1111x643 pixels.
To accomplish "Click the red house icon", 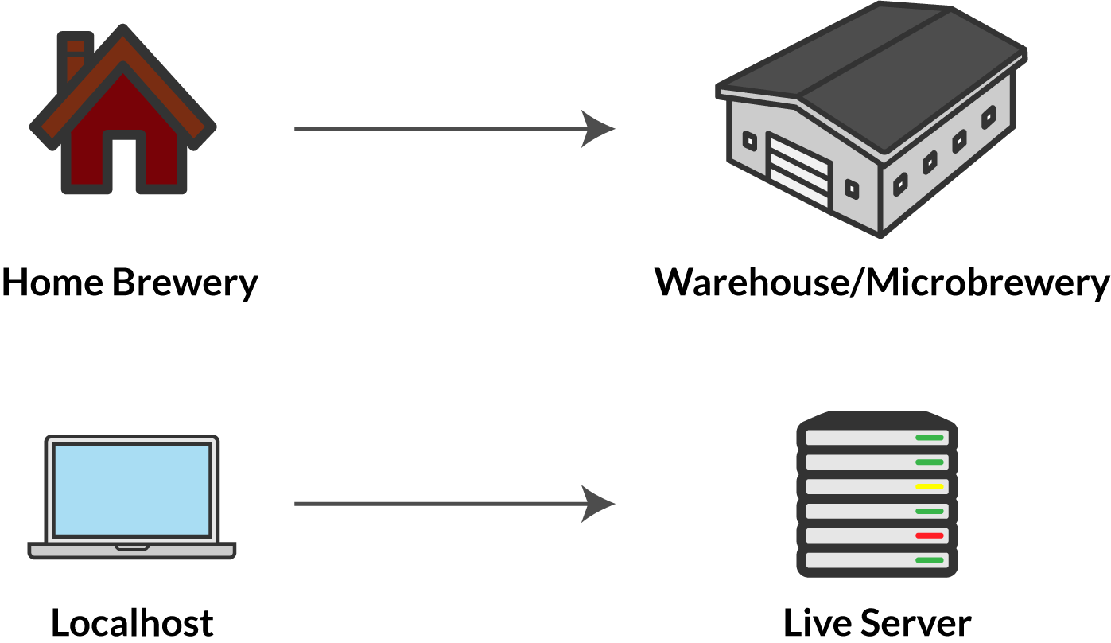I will coord(123,119).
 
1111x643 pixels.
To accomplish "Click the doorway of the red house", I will coord(124,162).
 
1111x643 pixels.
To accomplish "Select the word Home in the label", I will coord(52,283).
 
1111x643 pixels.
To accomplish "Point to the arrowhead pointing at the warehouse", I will coord(598,128).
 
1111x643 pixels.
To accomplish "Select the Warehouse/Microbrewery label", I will coord(881,283).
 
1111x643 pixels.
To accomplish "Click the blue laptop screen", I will coord(132,489).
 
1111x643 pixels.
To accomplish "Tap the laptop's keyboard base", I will coord(132,550).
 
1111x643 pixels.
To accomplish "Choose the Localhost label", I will coord(132,622).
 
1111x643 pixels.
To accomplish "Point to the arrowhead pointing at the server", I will coord(598,504).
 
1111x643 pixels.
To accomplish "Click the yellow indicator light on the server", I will coord(929,486).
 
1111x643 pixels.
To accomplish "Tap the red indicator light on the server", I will coord(929,536).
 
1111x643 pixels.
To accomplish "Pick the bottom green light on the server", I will coord(929,560).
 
